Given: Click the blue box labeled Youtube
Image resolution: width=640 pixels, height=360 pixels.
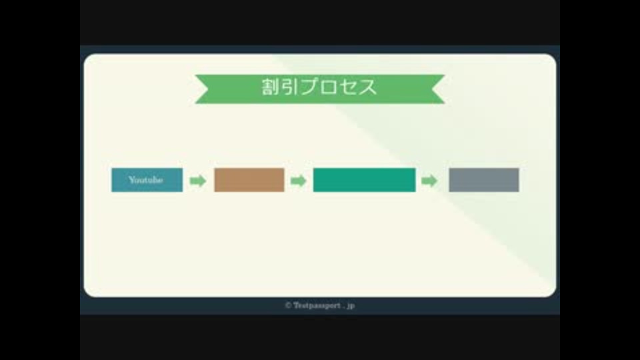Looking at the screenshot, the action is click(x=147, y=180).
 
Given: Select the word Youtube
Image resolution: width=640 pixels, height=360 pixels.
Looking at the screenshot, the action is click(x=146, y=180).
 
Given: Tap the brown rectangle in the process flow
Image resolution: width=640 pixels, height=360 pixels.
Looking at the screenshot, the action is click(x=249, y=180).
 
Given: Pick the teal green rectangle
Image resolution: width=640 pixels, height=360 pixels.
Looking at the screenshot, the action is click(x=364, y=180).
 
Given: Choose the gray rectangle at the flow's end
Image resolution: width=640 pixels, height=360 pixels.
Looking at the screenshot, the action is click(x=484, y=180).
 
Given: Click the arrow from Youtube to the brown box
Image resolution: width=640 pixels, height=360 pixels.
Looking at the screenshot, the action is click(x=198, y=181).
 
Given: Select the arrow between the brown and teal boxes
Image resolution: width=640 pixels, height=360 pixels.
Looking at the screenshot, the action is click(x=299, y=181).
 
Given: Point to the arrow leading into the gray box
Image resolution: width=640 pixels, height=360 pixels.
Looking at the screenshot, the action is click(x=429, y=181).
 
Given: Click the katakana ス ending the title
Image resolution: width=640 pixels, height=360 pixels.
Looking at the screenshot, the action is click(x=367, y=87).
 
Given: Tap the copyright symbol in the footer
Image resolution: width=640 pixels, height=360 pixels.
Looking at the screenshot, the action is click(x=288, y=305).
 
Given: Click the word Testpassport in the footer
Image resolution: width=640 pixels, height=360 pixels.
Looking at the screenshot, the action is click(x=317, y=306).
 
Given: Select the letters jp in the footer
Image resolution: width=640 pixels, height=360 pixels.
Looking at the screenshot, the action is click(x=351, y=306).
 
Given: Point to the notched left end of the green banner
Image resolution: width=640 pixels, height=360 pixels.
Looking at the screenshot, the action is click(x=201, y=89).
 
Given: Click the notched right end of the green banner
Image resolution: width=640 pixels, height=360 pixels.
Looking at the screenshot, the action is click(x=439, y=89).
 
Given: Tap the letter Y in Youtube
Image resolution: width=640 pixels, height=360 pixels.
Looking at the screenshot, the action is click(x=132, y=180).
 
